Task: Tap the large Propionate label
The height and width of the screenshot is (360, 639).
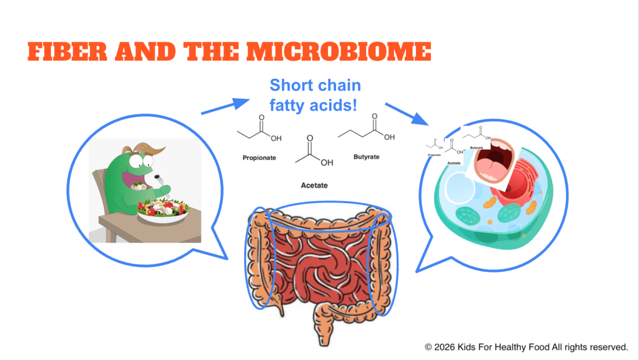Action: click(x=259, y=158)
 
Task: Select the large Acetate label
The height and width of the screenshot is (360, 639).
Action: click(x=314, y=186)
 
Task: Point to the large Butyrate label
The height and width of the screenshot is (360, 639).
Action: click(x=366, y=157)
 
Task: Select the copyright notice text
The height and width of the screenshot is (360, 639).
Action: click(x=526, y=346)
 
